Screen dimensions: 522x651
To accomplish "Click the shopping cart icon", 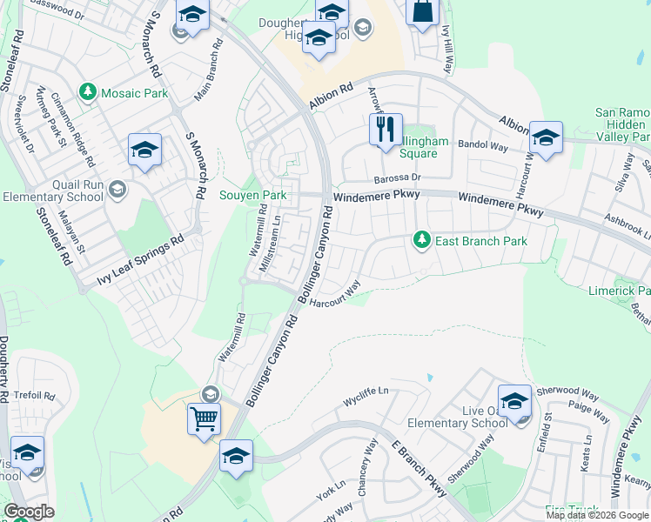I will (204, 418).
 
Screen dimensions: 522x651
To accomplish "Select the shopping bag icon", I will (422, 11).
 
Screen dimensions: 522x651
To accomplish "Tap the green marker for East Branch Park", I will (422, 239).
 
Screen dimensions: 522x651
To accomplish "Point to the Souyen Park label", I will (252, 196).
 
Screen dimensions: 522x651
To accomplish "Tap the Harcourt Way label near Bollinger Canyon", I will (335, 294).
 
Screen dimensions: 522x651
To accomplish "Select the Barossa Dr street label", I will (398, 177).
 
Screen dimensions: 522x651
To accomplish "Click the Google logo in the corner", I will (28, 512).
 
